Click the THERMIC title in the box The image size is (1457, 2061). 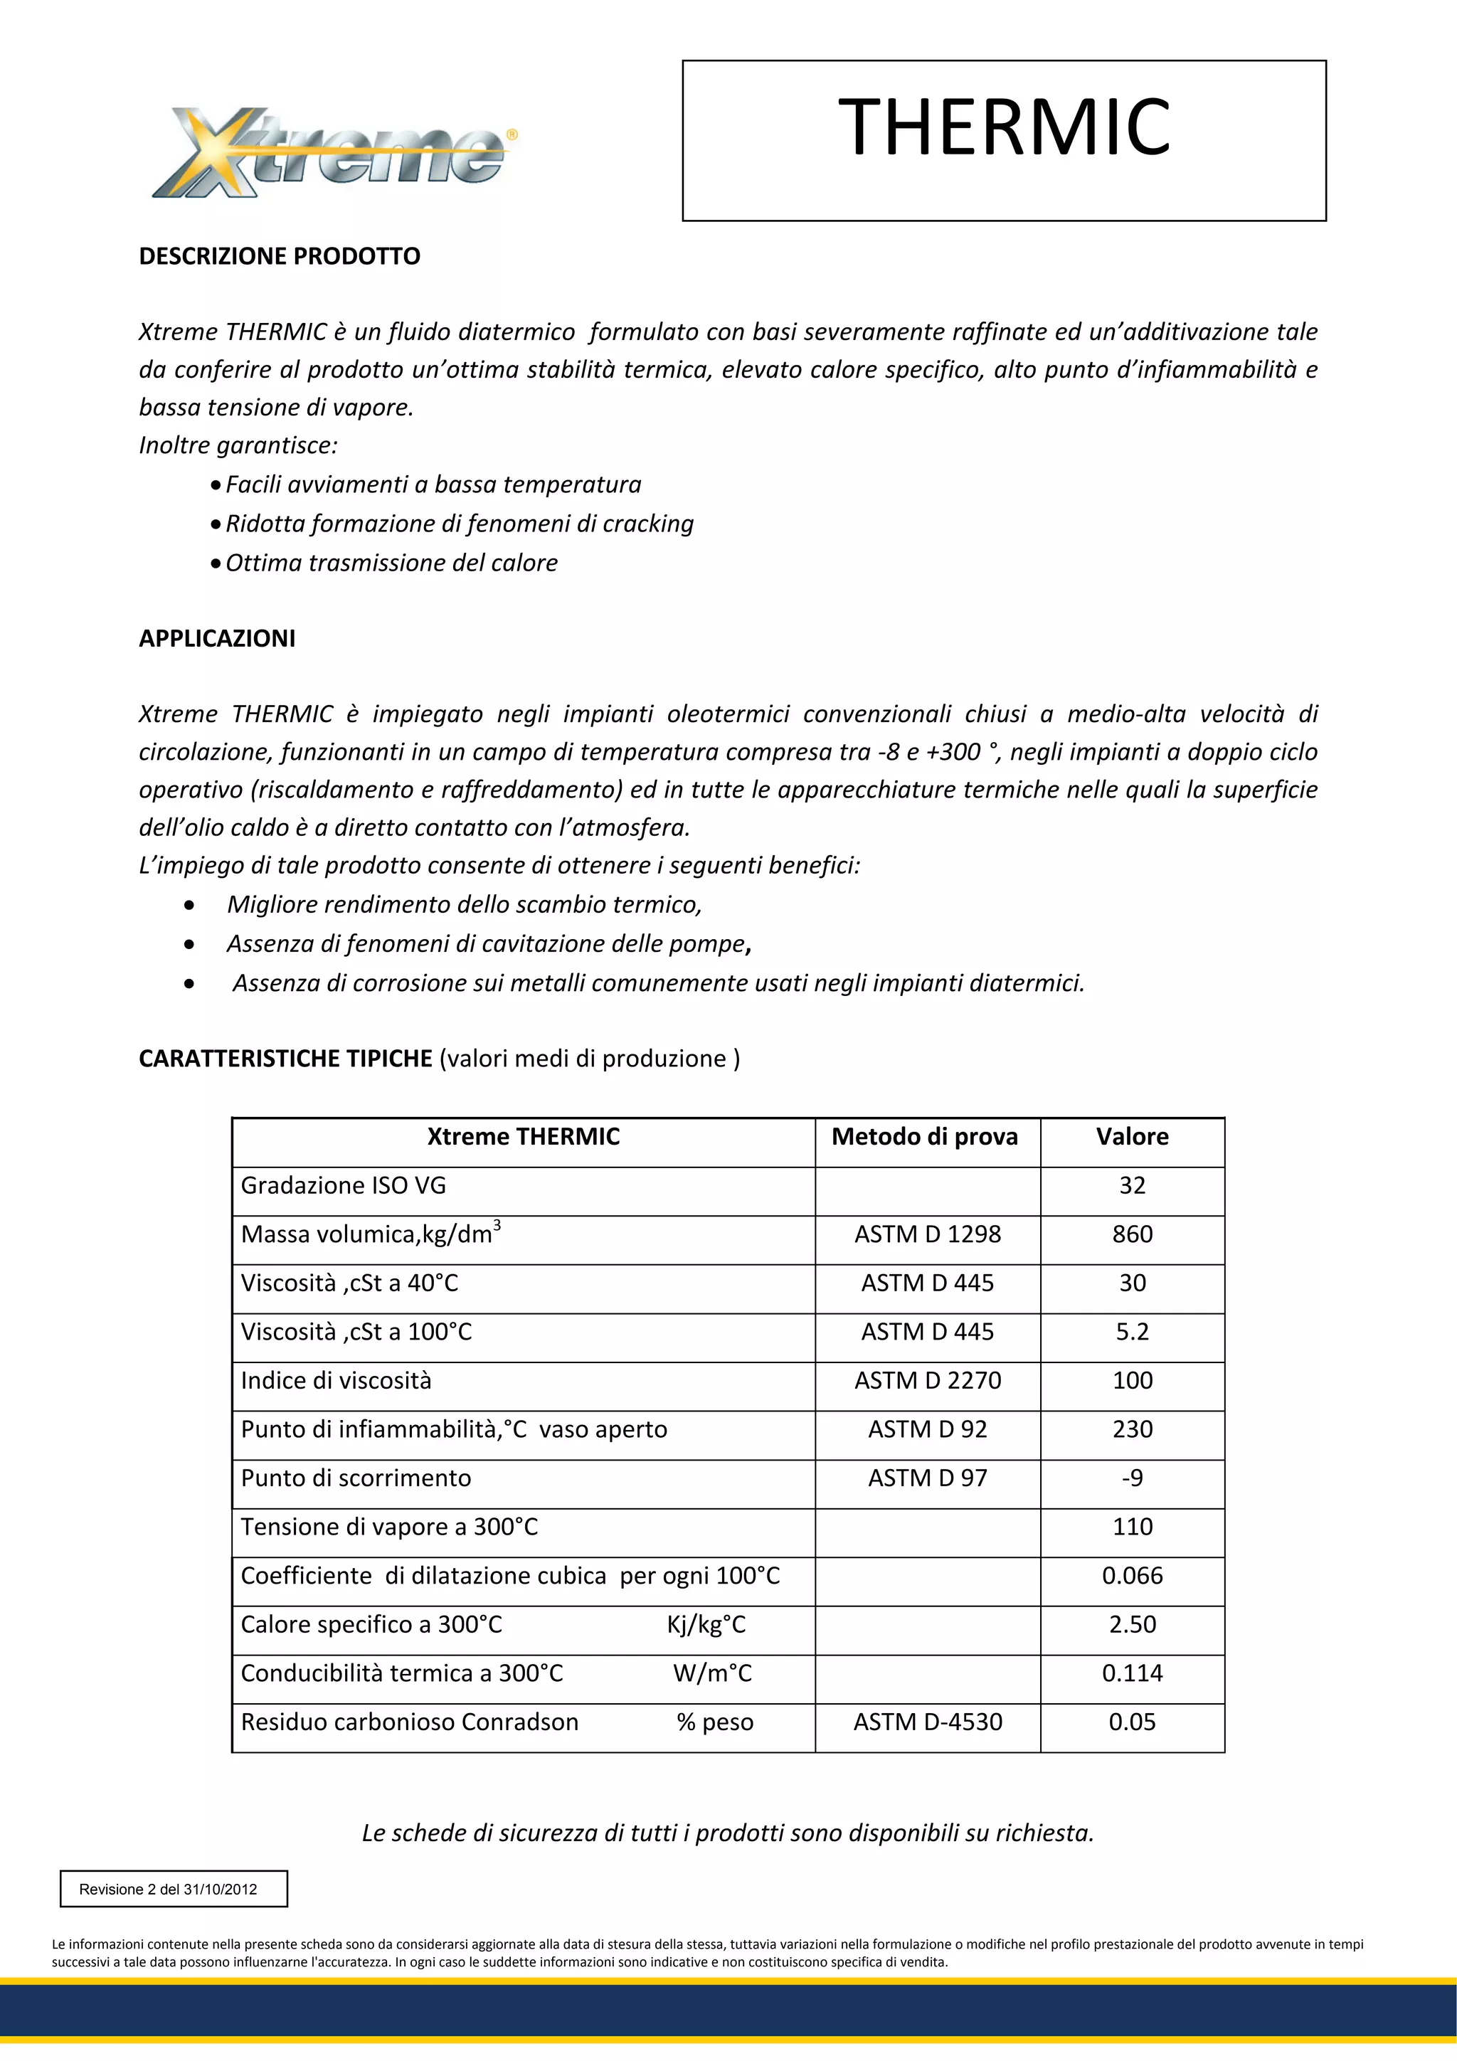pos(1004,127)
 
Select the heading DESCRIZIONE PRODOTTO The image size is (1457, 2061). pos(279,257)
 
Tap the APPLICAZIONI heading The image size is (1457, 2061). pos(216,638)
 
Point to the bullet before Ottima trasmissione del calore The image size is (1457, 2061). pos(216,563)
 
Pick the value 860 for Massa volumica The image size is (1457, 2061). pos(1131,1234)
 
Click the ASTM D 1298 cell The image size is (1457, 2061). pos(928,1234)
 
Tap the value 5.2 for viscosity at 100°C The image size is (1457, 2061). pos(1131,1332)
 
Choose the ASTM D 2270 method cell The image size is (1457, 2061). pos(928,1381)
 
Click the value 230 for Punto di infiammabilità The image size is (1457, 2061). pos(1131,1429)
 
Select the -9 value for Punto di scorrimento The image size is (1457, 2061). pos(1131,1478)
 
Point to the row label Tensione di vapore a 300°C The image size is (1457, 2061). pos(388,1527)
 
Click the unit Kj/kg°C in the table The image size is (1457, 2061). pos(706,1625)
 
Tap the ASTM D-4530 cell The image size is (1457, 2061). pos(928,1722)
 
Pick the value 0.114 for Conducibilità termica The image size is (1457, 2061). pos(1131,1673)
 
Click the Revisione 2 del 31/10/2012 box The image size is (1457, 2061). pos(174,1889)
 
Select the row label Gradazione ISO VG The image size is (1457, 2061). pos(343,1186)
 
